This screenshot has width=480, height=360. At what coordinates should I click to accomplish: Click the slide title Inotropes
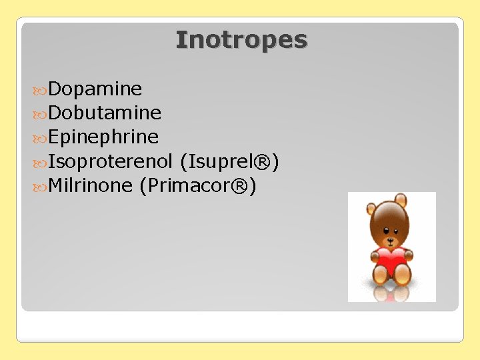point(241,40)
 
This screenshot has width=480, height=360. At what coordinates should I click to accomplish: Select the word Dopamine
point(95,89)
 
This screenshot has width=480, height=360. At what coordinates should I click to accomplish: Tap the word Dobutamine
point(105,113)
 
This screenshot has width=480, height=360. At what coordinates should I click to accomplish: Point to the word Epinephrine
point(103,137)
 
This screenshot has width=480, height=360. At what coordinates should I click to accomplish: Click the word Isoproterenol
point(111,161)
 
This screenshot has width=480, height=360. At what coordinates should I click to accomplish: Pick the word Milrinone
point(91,185)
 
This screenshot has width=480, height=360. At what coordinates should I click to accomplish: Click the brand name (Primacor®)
point(197,185)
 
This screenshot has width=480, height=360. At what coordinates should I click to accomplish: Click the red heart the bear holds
point(391,259)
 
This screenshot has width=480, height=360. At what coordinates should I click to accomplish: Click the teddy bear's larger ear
point(401,200)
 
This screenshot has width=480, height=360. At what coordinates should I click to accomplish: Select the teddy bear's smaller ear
point(371,208)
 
